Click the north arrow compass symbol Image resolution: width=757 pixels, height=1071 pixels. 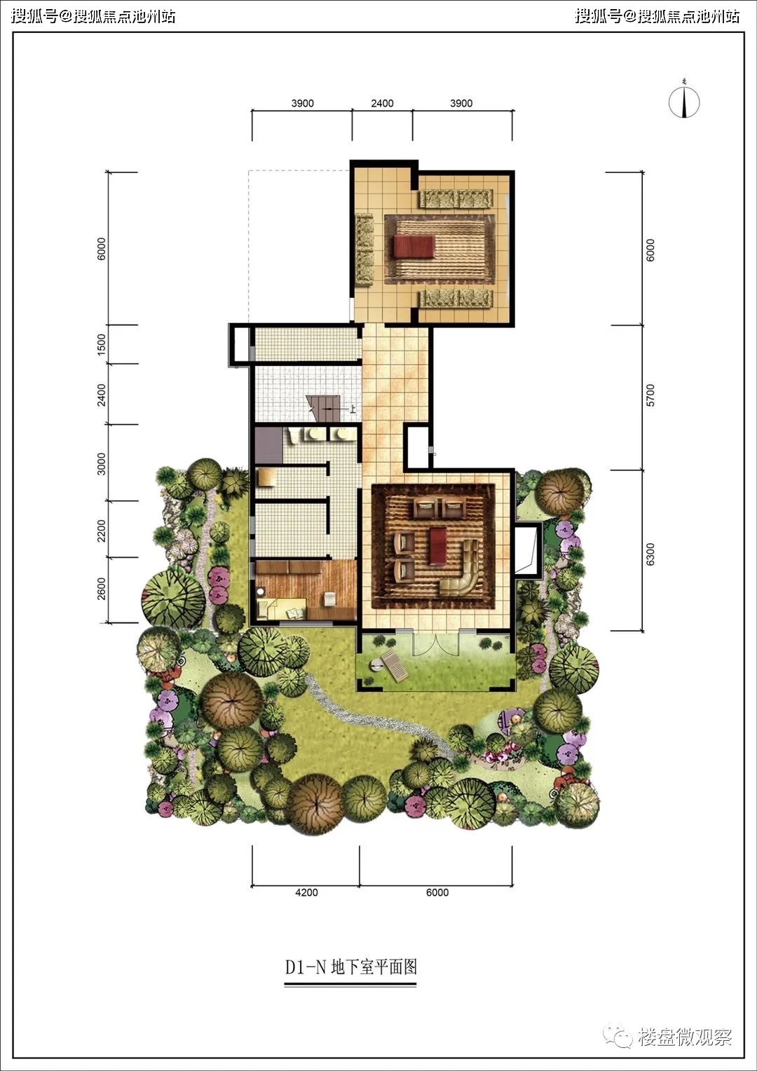point(684,102)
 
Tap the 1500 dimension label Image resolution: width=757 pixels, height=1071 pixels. point(102,344)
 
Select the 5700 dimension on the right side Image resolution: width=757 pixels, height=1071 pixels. point(650,395)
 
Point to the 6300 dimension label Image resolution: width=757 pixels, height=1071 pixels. point(650,554)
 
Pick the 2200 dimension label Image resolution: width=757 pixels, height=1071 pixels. point(102,531)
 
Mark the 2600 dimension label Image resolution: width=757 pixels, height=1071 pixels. point(102,589)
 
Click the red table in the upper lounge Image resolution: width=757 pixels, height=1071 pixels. point(414,247)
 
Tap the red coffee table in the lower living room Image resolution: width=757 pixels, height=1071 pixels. point(437,545)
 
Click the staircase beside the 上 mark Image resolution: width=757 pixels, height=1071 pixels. point(323,409)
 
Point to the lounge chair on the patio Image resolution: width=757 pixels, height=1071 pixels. point(395,665)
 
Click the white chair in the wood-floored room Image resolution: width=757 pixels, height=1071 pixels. point(329,599)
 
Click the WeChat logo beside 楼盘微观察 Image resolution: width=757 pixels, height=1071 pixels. point(618,1036)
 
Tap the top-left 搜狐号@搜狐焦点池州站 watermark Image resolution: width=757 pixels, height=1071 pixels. point(93,16)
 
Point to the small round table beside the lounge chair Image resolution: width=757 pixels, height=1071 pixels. point(375,664)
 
